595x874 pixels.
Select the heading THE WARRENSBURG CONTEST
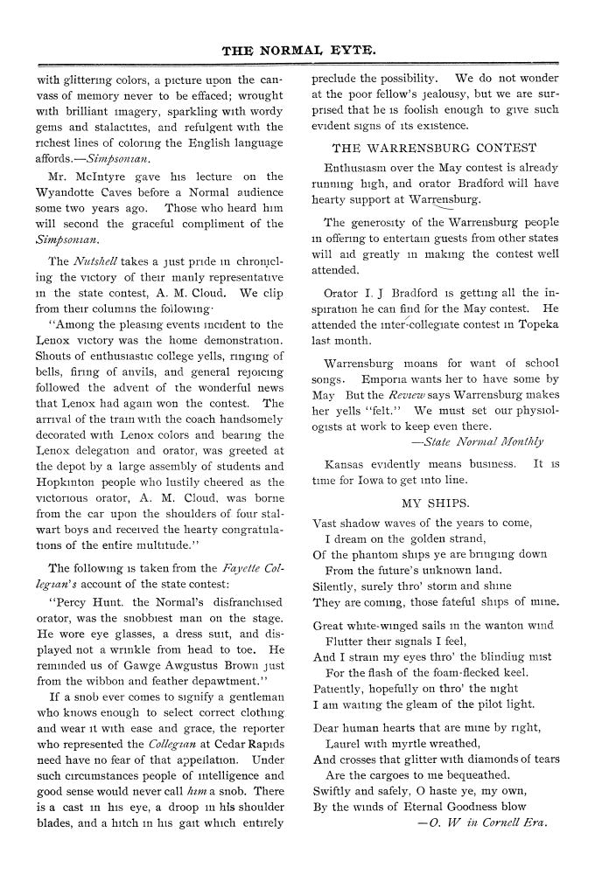435,148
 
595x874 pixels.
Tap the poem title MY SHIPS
435,503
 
